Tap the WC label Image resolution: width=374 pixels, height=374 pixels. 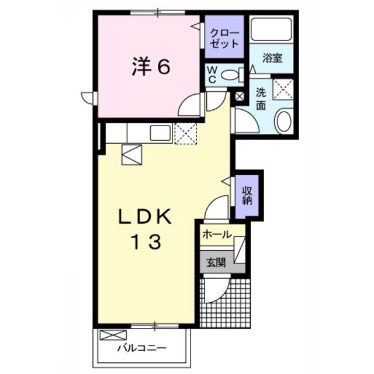tap(213, 74)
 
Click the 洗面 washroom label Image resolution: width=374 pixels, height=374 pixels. tap(261, 98)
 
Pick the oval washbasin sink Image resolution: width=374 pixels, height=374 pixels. tap(283, 122)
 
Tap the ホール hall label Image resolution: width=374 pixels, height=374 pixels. tap(216, 234)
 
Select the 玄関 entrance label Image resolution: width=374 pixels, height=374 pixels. tap(216, 263)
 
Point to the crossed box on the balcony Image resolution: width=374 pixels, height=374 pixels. tap(113, 335)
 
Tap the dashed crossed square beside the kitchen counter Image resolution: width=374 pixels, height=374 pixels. tap(186, 133)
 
